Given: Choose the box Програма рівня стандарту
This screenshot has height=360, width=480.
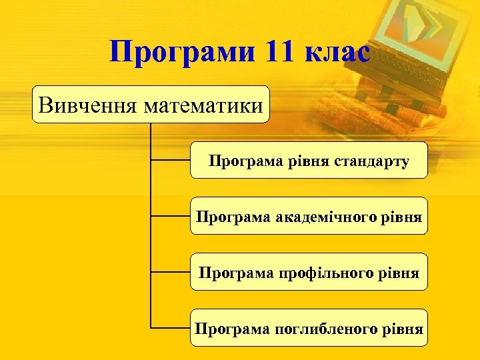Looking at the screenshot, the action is (309, 160).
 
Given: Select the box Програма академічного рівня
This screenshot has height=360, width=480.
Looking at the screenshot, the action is (309, 216).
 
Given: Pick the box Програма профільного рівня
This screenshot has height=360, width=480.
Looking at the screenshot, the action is (309, 272).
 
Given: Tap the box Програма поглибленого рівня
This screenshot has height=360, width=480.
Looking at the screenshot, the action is (309, 328).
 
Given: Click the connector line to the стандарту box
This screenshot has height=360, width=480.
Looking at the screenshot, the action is (171, 160).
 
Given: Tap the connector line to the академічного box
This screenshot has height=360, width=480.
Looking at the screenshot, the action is (171, 216).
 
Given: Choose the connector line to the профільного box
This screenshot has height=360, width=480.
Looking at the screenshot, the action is (171, 272).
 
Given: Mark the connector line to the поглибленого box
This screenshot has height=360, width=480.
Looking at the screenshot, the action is (171, 328).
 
